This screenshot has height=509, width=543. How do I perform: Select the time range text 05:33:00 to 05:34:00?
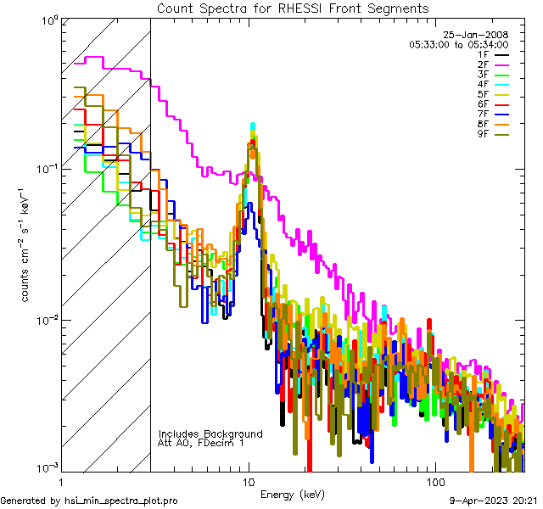click(458, 44)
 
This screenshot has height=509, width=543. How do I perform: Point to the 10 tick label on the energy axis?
click(249, 481)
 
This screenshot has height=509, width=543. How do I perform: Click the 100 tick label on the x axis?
click(435, 481)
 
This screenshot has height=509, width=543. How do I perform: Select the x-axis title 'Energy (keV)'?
click(293, 495)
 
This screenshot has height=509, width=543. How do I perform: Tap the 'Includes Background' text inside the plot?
click(210, 433)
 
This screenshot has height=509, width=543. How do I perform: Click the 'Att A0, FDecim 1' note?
click(201, 443)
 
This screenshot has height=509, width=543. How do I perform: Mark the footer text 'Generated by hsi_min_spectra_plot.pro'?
click(89, 501)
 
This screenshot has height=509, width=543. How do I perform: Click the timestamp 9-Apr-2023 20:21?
click(492, 501)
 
